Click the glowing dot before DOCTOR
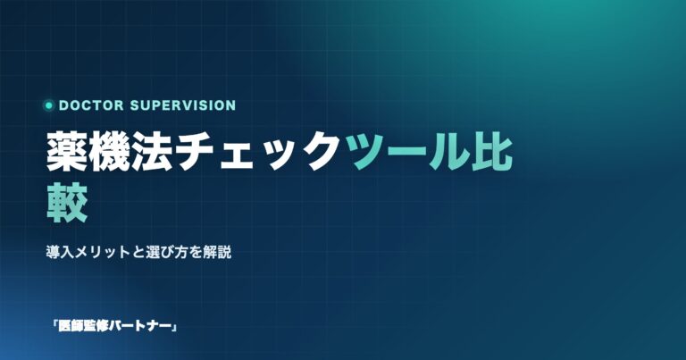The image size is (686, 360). click(49, 105)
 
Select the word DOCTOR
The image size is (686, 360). click(91, 105)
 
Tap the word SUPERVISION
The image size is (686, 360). click(183, 105)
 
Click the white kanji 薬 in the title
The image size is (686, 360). click(66, 152)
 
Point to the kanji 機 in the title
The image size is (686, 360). click(108, 152)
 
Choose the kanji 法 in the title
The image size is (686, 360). click(150, 152)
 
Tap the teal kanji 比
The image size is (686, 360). click(492, 152)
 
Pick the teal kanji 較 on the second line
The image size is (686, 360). click(67, 203)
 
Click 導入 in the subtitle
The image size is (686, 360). click(60, 253)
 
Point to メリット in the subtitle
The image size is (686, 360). click(103, 253)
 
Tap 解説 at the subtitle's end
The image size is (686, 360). click(217, 253)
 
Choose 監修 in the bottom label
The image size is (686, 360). click(95, 326)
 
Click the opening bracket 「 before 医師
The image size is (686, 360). click(54, 325)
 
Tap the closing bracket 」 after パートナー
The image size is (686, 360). click(173, 328)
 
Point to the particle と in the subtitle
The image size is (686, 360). click(138, 253)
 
